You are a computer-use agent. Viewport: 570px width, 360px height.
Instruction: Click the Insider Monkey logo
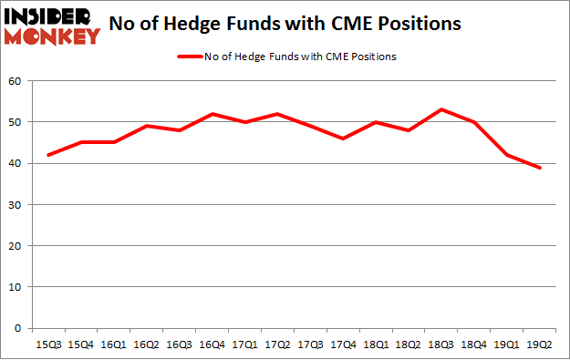(52, 26)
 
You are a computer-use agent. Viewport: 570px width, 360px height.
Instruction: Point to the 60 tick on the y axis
(16, 81)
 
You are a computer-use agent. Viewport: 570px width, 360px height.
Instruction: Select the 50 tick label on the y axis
(16, 122)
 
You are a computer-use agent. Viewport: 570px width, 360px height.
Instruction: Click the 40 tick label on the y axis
(16, 163)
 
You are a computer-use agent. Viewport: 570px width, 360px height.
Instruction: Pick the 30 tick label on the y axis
(16, 204)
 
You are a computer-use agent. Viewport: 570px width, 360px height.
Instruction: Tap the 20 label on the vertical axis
(16, 245)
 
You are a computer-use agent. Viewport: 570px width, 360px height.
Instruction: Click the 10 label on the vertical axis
(16, 286)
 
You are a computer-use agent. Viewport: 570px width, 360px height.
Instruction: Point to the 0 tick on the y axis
(18, 328)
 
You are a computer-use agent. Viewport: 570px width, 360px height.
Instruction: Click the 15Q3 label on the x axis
(49, 345)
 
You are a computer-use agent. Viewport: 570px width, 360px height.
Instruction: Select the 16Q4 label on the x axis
(212, 345)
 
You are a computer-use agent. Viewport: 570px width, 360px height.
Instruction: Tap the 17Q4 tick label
(343, 345)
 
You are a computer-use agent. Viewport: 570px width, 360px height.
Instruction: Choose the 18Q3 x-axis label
(441, 345)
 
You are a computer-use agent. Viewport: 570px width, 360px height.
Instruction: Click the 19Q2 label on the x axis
(539, 345)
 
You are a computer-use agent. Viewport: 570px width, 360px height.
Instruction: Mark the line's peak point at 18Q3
(441, 109)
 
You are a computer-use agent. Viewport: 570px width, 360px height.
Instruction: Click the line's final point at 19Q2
(539, 168)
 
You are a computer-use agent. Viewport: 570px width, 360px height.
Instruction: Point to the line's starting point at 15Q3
(49, 155)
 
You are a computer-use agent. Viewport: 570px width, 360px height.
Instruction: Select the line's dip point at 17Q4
(343, 139)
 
